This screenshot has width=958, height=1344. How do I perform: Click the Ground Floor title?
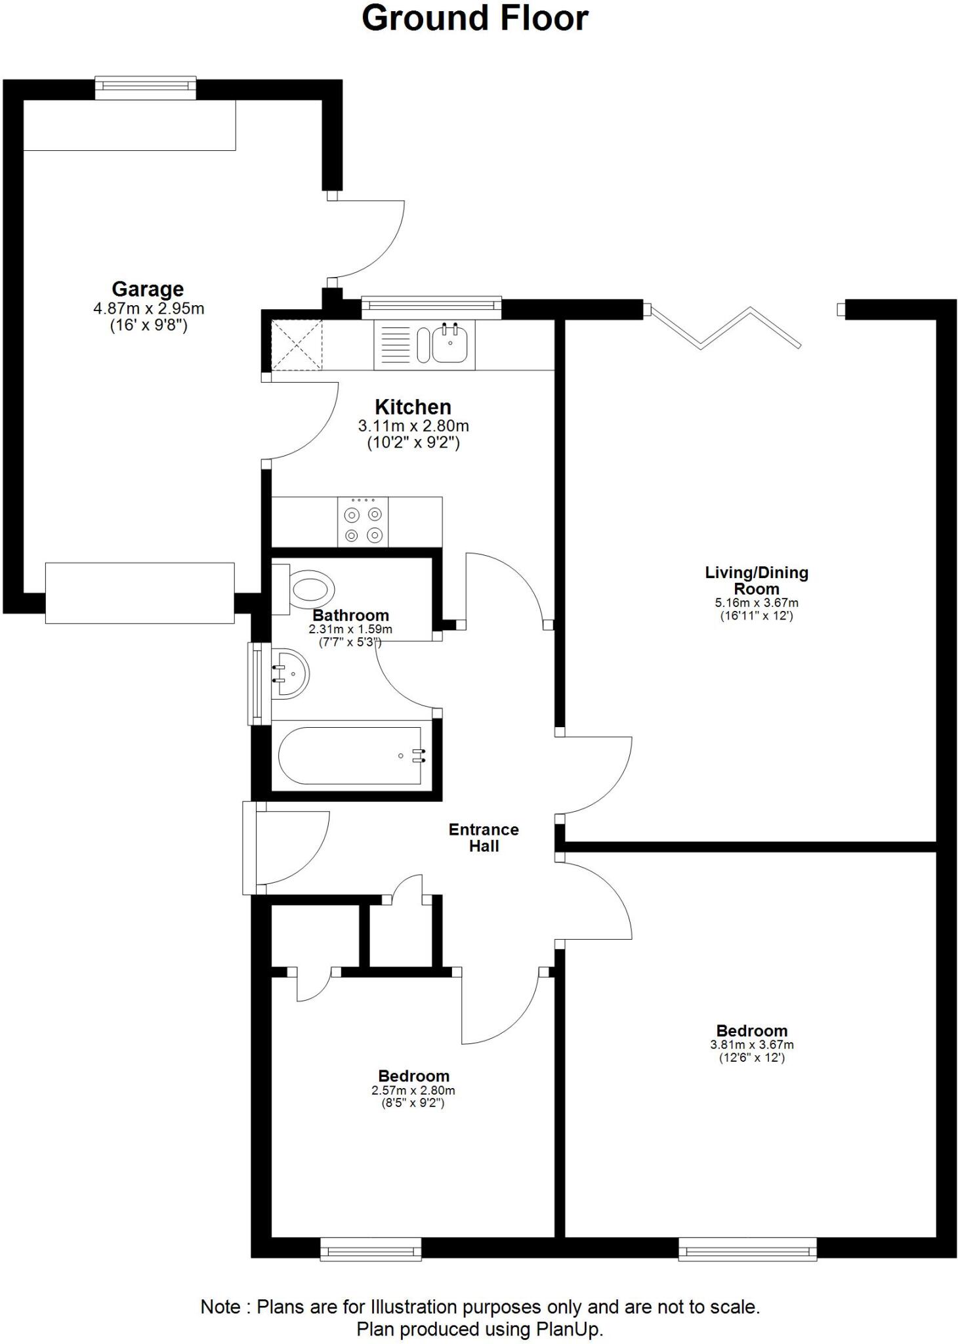point(474,18)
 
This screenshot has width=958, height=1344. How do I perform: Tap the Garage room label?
point(148,289)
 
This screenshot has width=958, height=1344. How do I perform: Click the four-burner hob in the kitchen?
point(363,522)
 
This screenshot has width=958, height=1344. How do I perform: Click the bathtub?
point(350,756)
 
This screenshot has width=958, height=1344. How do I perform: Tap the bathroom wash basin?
point(289,674)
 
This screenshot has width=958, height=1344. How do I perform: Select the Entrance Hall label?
point(484,837)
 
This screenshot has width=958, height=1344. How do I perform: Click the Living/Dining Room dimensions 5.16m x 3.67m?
point(756,602)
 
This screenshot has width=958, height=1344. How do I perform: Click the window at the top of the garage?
point(146,88)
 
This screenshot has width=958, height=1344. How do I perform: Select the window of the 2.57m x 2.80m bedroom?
point(371,1249)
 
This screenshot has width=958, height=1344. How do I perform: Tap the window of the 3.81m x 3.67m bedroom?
point(747,1249)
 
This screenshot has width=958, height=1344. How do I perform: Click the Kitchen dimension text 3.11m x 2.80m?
point(413,426)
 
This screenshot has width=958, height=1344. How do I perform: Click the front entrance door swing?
point(289,847)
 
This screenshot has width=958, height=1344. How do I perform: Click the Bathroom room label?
point(350,616)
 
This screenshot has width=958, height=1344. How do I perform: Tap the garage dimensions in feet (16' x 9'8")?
point(148,325)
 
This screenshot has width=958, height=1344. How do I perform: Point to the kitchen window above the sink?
point(431,306)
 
